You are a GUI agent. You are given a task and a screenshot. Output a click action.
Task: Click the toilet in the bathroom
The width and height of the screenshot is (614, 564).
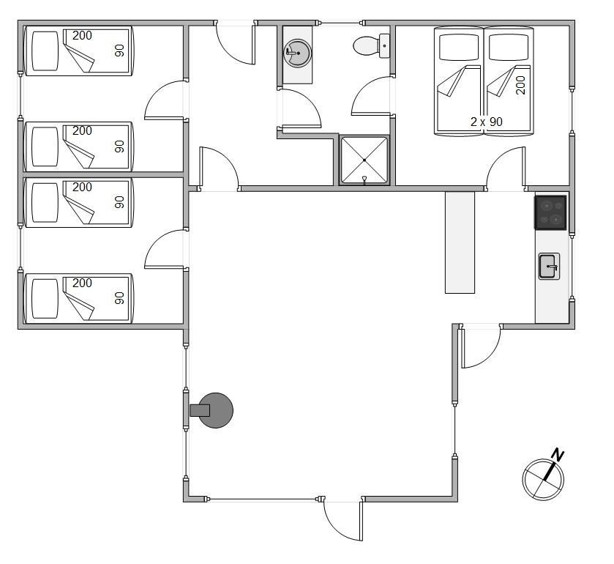pos(371,46)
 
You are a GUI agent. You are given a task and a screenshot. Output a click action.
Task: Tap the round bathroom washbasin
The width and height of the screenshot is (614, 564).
pos(298,53)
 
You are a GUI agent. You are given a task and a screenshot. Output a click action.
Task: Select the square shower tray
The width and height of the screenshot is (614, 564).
pos(364,160)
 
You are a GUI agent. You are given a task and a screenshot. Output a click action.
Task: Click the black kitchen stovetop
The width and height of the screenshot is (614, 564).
pos(550,212)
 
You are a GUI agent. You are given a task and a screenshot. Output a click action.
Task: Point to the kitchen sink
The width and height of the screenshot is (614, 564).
pos(549,266)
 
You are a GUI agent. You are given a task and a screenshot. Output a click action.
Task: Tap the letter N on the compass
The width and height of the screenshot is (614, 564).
pos(557,455)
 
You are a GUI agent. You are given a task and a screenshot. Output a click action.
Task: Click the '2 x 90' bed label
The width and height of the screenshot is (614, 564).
pos(487,122)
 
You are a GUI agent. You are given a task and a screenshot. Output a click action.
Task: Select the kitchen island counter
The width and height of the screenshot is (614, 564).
pos(460,242)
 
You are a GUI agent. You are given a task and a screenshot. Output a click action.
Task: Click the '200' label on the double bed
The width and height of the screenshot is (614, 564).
pos(520,85)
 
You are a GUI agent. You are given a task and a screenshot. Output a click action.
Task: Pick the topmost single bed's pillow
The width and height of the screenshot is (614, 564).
pos(45,51)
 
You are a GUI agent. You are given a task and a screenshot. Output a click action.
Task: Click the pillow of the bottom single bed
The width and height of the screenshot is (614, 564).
pos(45,299)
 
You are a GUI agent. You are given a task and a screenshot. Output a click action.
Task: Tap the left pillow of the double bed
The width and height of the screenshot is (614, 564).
pos(459,48)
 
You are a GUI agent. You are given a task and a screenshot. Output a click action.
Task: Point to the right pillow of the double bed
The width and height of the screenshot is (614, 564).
pos(509,48)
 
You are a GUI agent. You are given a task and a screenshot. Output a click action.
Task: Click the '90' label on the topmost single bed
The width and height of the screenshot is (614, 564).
pos(119,50)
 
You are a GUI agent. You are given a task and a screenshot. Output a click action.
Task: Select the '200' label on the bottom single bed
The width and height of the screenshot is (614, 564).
pos(82,283)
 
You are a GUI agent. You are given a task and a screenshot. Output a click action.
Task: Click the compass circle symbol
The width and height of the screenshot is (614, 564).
pos(543,479)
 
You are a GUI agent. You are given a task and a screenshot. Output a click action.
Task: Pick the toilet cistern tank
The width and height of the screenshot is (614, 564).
pos(384,46)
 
